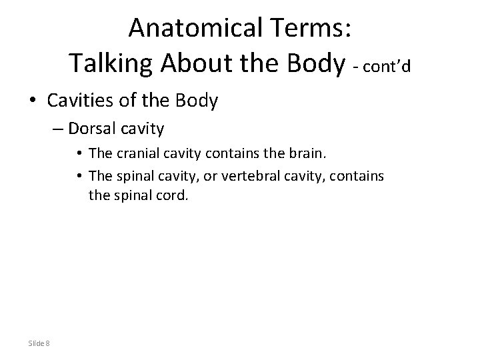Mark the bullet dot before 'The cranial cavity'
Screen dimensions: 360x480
79,154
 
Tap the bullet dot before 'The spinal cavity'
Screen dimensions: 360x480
79,175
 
